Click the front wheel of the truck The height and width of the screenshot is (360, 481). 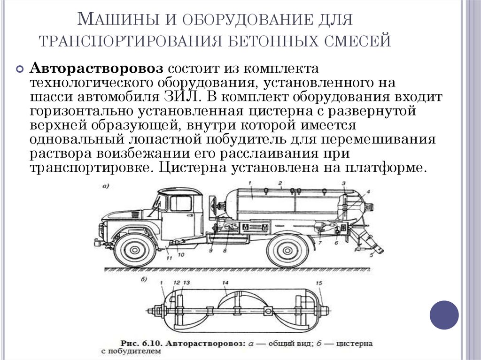(135, 250)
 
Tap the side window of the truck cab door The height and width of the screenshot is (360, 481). (180, 203)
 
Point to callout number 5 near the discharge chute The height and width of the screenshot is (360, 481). (371, 256)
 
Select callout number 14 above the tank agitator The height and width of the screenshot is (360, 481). (225, 283)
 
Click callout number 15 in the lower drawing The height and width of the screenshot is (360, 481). (319, 283)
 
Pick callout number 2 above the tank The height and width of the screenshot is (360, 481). (279, 182)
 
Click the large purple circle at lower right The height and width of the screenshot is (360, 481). (444, 314)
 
